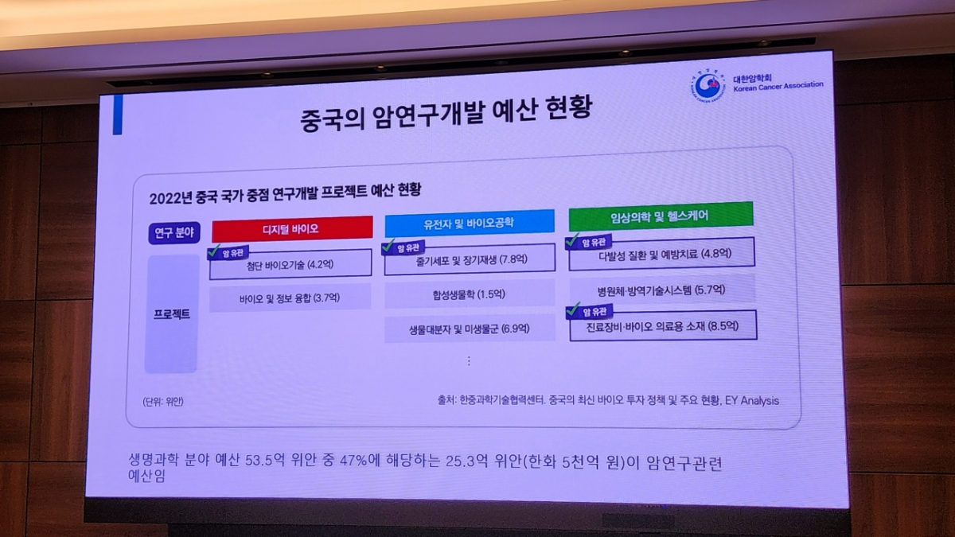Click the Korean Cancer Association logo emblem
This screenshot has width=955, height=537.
point(708,86)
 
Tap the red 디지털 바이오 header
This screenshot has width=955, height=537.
point(291,228)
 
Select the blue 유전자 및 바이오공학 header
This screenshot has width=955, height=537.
point(469,223)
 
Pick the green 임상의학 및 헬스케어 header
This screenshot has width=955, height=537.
point(660,215)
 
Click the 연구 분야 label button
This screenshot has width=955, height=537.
point(173,232)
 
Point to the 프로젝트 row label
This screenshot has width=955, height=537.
point(172,313)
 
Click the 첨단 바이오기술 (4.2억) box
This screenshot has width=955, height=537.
point(290,265)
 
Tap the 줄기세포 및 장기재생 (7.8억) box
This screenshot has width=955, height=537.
point(470,259)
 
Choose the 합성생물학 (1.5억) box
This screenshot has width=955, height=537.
point(470,294)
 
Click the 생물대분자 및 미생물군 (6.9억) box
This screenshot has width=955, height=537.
point(470,327)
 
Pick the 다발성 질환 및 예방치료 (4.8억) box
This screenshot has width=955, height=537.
point(664,255)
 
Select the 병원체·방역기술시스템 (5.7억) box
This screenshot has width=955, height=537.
point(664,290)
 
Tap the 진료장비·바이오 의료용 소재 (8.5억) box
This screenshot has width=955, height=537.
point(664,325)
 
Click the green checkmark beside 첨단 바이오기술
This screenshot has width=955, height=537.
point(213,252)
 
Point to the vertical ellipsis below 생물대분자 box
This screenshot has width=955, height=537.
point(469,360)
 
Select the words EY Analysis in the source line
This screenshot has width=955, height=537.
point(751,400)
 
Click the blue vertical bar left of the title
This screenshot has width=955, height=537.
point(118,115)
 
